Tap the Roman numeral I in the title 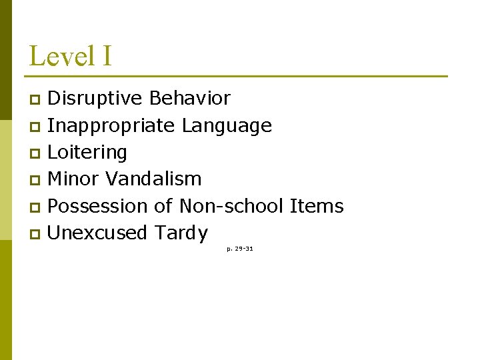[x=107, y=56]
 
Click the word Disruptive [x=95, y=99]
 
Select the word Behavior [x=190, y=99]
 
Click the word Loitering [x=87, y=153]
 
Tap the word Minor [x=73, y=179]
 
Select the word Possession [x=99, y=206]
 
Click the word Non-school [x=233, y=206]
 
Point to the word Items [x=317, y=206]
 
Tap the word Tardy [x=181, y=233]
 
